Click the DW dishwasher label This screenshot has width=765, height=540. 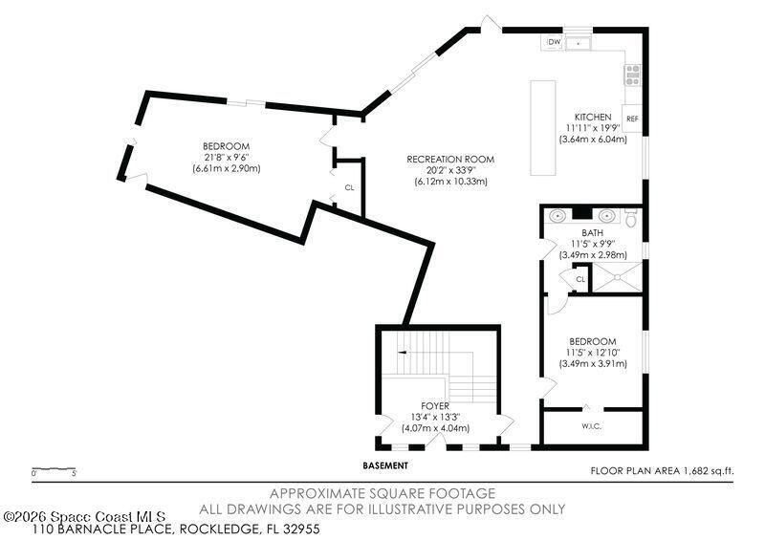555,43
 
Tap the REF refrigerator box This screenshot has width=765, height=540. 632,119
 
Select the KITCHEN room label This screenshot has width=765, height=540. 592,117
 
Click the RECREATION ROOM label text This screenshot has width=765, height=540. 450,159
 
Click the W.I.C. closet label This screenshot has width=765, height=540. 592,426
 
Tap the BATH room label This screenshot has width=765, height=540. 593,233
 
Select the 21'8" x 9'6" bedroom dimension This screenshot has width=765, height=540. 226,158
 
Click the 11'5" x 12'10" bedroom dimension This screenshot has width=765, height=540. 592,353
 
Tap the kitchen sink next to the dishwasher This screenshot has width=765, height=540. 579,43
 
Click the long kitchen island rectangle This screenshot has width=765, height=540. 544,127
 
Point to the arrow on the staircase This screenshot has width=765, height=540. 404,353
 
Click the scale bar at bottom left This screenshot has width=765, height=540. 54,468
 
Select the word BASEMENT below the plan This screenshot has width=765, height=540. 385,465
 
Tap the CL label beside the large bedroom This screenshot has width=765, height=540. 349,187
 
